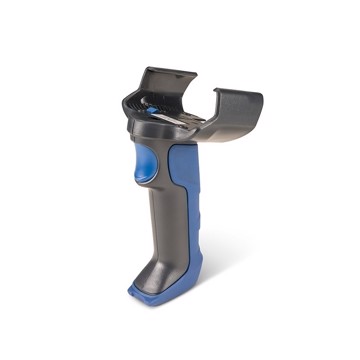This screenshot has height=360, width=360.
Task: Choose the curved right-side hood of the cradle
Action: [x=236, y=110]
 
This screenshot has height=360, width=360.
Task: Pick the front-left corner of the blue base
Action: [x=131, y=292]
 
